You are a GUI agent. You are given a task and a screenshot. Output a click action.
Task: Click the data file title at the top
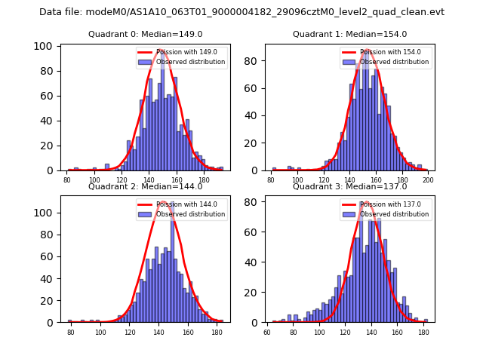241,12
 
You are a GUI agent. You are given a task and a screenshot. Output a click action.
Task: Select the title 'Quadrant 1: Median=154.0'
349,34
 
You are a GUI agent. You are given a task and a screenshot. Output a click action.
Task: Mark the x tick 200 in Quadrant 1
428,180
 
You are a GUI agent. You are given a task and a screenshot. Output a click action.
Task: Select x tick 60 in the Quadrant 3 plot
267,332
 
